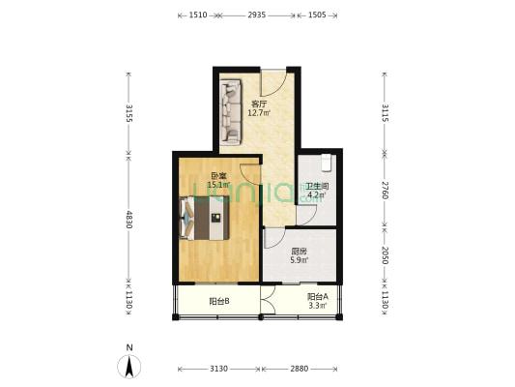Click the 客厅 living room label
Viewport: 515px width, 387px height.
pyautogui.click(x=259, y=104)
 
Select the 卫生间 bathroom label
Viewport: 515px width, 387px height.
pyautogui.click(x=317, y=187)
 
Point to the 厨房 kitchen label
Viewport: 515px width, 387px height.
pyautogui.click(x=300, y=252)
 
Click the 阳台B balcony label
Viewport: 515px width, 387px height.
pyautogui.click(x=219, y=301)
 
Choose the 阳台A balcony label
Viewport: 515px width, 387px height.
pyautogui.click(x=318, y=297)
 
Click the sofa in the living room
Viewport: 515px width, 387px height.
pyautogui.click(x=230, y=112)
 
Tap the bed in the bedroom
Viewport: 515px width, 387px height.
pyautogui.click(x=205, y=218)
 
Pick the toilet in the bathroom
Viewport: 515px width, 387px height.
pyautogui.click(x=327, y=163)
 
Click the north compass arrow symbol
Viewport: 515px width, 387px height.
pyautogui.click(x=129, y=367)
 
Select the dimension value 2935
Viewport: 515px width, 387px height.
pyautogui.click(x=257, y=15)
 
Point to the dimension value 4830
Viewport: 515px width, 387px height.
pyautogui.click(x=129, y=220)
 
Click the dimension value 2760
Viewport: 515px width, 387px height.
pyautogui.click(x=385, y=190)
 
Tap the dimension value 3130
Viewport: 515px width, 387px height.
pyautogui.click(x=218, y=369)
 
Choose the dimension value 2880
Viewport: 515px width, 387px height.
pyautogui.click(x=300, y=369)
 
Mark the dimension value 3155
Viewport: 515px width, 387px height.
pyautogui.click(x=129, y=113)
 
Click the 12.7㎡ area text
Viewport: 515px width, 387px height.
pyautogui.click(x=259, y=113)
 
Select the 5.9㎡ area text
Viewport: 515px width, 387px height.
pyautogui.click(x=300, y=260)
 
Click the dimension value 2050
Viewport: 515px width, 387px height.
pyautogui.click(x=385, y=255)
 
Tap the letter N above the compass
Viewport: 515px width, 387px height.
pyautogui.click(x=129, y=347)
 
